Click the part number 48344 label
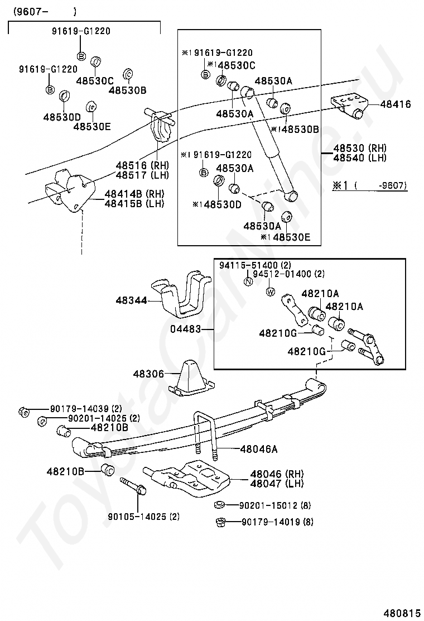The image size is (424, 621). click(131, 300)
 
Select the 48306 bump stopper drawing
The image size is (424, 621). click(191, 379)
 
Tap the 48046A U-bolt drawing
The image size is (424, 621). click(206, 436)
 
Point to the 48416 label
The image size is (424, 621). click(396, 104)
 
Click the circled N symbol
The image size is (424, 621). click(248, 282)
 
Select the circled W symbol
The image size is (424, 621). click(271, 292)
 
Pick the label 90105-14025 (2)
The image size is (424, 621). click(144, 517)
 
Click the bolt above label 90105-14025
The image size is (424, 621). click(133, 486)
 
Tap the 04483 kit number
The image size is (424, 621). click(186, 329)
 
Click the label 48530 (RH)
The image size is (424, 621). click(360, 148)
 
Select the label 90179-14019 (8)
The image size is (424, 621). click(277, 522)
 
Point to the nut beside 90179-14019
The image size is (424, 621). click(220, 522)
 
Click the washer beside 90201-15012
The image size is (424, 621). click(219, 505)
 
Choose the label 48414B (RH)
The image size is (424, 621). click(134, 194)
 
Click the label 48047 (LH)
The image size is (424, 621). click(277, 484)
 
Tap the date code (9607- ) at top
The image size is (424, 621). click(44, 12)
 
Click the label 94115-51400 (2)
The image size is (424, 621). click(255, 265)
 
